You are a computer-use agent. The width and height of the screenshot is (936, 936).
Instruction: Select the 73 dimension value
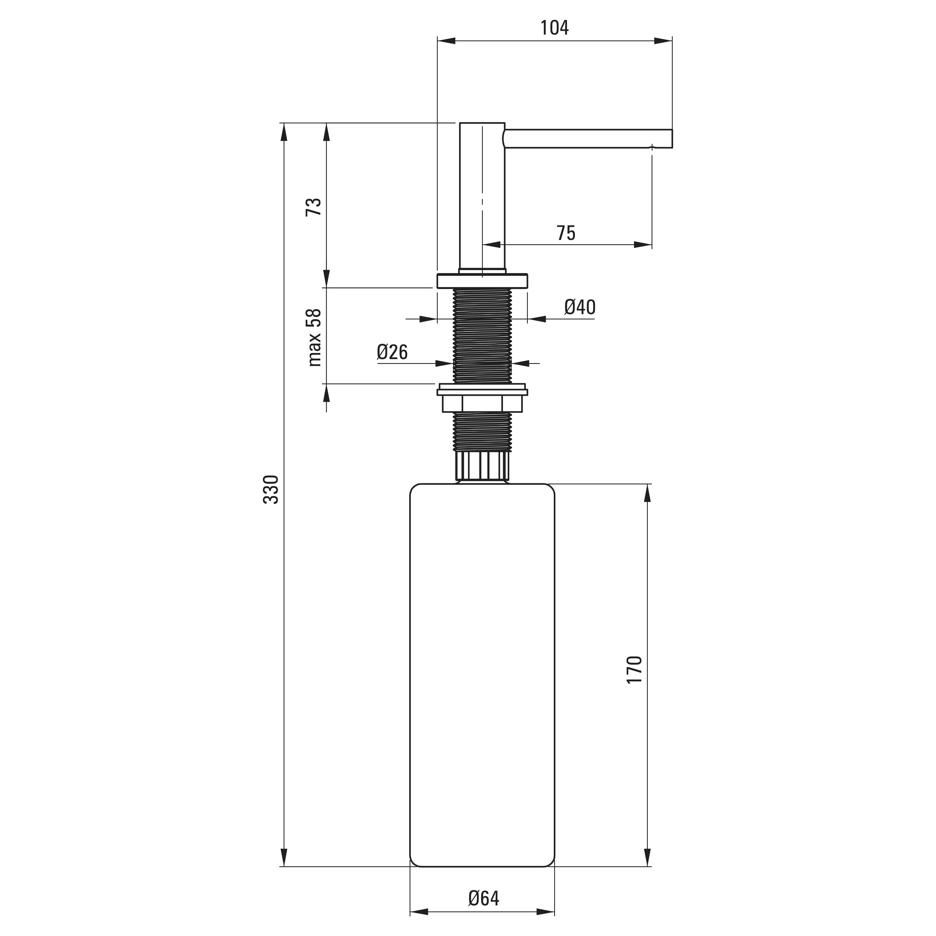[x=314, y=207]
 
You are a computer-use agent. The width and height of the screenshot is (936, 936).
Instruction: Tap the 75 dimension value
[x=566, y=233]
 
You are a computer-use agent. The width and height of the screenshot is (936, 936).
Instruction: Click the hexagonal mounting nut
[x=483, y=403]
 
